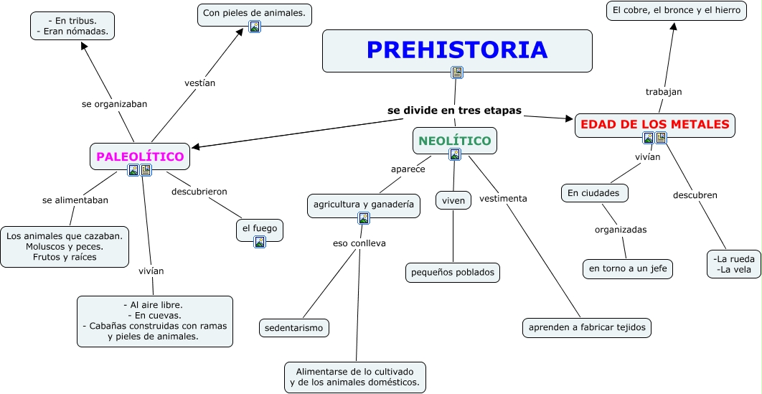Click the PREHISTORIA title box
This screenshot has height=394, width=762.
[x=457, y=50]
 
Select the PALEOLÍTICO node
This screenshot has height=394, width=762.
[x=140, y=156]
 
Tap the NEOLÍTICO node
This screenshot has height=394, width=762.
[x=454, y=141]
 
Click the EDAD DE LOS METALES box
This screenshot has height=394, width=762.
[x=654, y=125]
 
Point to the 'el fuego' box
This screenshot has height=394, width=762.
[x=259, y=228]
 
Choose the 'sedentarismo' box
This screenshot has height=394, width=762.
[x=293, y=328]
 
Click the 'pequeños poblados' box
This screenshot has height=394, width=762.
[x=452, y=272]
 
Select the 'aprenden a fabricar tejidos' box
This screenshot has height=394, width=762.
[x=587, y=327]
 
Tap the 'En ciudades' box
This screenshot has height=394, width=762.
[x=595, y=193]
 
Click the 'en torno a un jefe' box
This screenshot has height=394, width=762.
[x=628, y=268]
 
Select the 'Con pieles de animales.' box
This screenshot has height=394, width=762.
[x=254, y=13]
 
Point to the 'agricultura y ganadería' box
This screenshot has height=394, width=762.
[x=363, y=205]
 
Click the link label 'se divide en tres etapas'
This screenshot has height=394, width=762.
[x=454, y=111]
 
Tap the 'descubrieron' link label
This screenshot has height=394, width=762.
[x=199, y=192]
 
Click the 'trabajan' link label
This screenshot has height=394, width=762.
[x=663, y=92]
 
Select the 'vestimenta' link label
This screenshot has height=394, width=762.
[x=503, y=198]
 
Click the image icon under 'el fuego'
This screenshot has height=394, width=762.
[x=260, y=242]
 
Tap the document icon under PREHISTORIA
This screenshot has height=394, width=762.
[x=457, y=72]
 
